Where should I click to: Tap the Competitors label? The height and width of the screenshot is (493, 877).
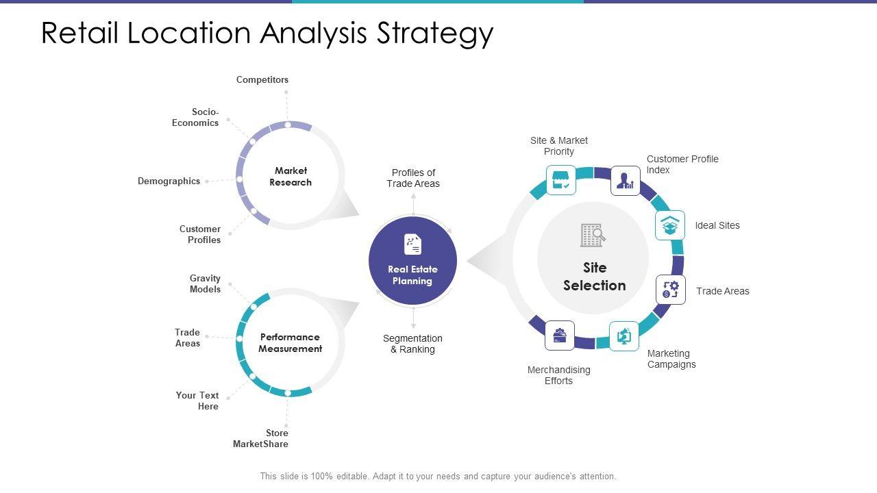point(262,80)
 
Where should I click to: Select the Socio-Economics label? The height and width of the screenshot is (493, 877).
point(196,117)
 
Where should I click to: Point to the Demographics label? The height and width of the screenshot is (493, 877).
point(169,181)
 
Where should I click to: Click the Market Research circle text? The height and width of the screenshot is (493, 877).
point(291,177)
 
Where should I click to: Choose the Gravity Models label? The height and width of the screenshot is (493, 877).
point(206,283)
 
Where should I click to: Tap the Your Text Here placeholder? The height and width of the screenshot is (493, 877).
point(197,401)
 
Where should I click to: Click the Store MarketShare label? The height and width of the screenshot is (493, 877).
point(261,438)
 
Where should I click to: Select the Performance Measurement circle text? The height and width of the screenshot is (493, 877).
point(290,343)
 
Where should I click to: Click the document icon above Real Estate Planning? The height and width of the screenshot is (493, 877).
point(412,244)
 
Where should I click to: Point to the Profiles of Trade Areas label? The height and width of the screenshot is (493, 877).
point(413,178)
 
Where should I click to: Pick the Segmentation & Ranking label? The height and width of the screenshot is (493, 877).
point(412,344)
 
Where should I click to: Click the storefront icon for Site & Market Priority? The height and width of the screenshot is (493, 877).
point(560,180)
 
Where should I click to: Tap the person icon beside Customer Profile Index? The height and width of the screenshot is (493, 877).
point(625,181)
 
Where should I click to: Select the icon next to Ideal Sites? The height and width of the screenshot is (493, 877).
point(669,225)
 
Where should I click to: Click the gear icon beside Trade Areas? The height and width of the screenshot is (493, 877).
point(670,290)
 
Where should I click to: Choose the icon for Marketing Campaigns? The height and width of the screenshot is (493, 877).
point(624,336)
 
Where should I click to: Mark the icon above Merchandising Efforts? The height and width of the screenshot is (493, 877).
point(560,336)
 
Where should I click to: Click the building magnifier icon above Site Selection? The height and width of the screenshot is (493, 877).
point(593,236)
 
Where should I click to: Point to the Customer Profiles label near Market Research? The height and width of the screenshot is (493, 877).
point(200,234)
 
